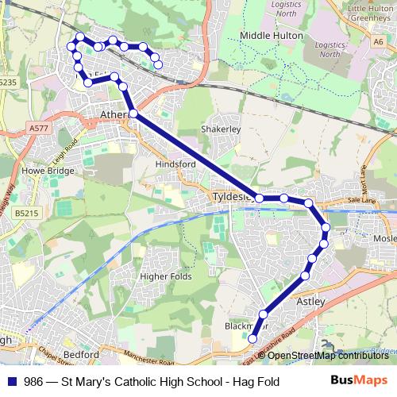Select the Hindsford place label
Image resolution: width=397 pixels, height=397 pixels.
click(x=175, y=164)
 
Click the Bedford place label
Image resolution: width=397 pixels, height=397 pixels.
click(x=81, y=354)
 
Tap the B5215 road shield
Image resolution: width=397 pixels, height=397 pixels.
click(x=26, y=213)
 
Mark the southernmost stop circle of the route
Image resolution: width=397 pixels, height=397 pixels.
click(x=253, y=339)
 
